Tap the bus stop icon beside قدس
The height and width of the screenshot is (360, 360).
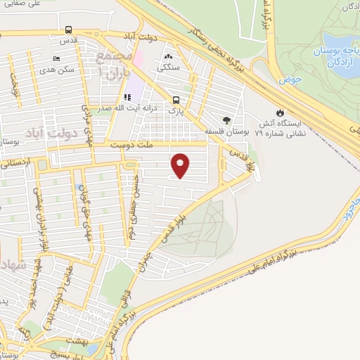(x=67, y=30)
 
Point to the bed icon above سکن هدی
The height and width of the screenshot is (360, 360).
(x=57, y=58)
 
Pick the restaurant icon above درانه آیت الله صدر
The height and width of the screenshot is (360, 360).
(x=127, y=97)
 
